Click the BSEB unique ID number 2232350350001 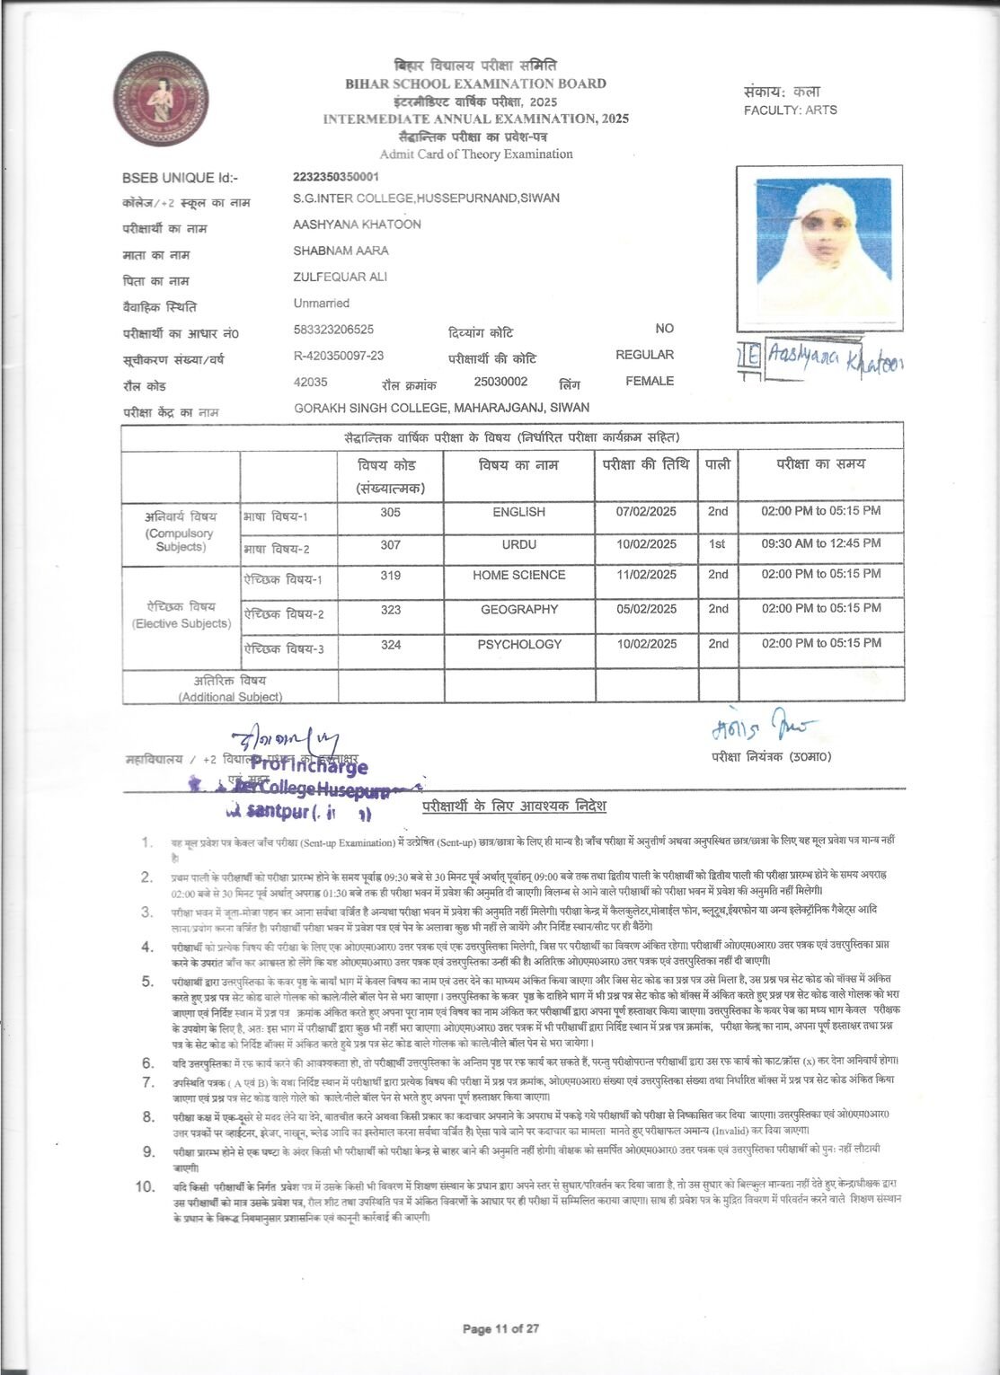336,177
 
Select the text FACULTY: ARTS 790,110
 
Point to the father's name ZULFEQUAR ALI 340,277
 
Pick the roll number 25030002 500,381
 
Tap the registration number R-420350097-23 338,356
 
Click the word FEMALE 650,381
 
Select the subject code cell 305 390,512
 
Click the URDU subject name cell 518,544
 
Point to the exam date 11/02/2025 646,575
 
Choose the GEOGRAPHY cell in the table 518,609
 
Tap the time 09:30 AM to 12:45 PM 820,543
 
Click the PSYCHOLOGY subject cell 518,644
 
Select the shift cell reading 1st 717,543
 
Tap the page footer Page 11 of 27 500,1328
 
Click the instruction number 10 146,1186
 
